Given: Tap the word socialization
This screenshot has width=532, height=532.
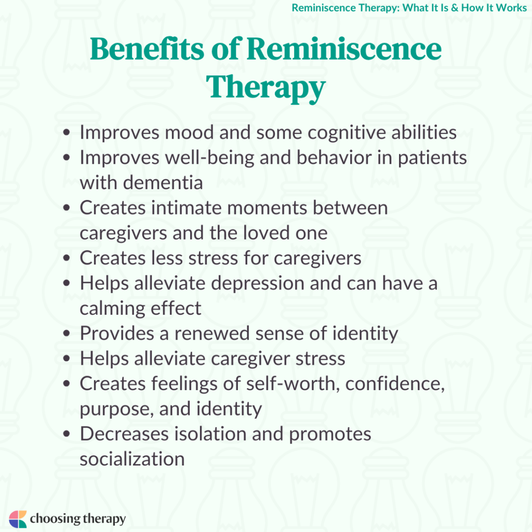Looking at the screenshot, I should click(132, 459).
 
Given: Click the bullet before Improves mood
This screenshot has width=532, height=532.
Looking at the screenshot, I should click(66, 133).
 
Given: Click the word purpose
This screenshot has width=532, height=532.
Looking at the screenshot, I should click(114, 409).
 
